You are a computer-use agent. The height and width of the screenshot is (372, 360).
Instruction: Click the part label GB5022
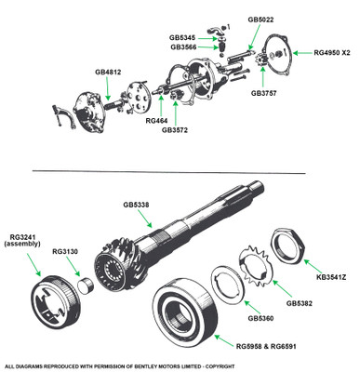click(260, 20)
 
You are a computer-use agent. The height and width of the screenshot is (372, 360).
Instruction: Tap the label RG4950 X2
click(332, 53)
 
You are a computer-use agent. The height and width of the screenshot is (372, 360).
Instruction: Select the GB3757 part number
click(263, 93)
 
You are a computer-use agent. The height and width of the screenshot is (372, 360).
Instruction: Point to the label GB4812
click(108, 72)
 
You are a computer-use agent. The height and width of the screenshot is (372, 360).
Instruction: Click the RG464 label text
click(156, 121)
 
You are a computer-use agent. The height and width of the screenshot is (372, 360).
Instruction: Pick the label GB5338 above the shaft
click(136, 205)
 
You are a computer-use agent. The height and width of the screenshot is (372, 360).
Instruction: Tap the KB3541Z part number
click(331, 277)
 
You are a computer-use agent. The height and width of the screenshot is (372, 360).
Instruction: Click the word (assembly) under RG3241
click(22, 244)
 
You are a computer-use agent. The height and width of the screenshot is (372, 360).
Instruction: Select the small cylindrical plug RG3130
click(85, 286)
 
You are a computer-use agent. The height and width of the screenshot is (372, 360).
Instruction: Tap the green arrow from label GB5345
click(207, 38)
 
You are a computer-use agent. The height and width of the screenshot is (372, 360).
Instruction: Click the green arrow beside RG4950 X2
click(302, 53)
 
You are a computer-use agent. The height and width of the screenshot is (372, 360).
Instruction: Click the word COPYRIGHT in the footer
click(220, 366)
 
